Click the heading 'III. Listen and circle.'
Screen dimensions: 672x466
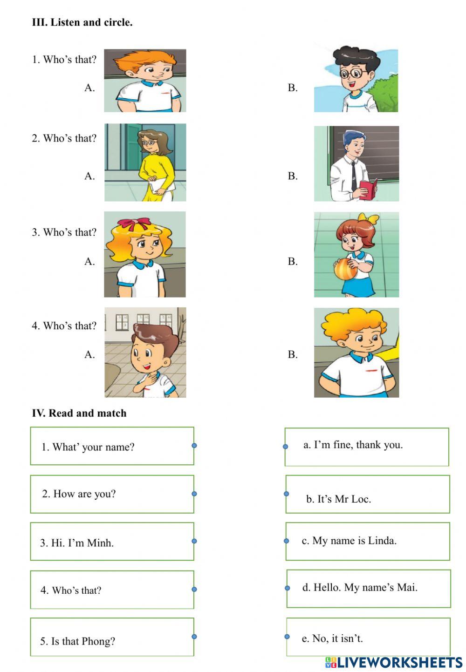pyautogui.click(x=82, y=22)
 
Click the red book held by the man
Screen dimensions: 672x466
pyautogui.click(x=368, y=189)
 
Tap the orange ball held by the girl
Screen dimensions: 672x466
pyautogui.click(x=343, y=269)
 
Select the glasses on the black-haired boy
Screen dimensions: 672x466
pyautogui.click(x=352, y=73)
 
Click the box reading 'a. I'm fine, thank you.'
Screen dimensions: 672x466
pyautogui.click(x=367, y=446)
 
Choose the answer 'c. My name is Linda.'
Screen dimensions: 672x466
pyautogui.click(x=367, y=541)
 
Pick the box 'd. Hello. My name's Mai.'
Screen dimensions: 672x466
pyautogui.click(x=368, y=588)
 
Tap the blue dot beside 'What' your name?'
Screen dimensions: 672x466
pyautogui.click(x=194, y=446)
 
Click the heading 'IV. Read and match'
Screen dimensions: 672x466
pyautogui.click(x=79, y=413)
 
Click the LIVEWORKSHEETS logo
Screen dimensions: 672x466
pyautogui.click(x=393, y=662)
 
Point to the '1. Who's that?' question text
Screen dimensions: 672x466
pyautogui.click(x=64, y=60)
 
